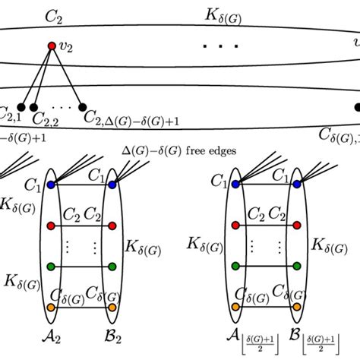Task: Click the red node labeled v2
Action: point(52,47)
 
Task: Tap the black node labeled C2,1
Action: point(22,108)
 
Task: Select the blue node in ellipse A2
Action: point(50,185)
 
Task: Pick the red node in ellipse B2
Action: point(112,226)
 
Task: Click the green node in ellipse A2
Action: point(50,267)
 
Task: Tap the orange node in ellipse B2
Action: point(112,308)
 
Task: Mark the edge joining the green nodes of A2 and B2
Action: point(81,267)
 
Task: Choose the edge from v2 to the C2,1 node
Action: point(37,77)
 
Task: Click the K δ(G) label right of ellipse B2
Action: point(144,245)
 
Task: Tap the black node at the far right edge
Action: point(357,108)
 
